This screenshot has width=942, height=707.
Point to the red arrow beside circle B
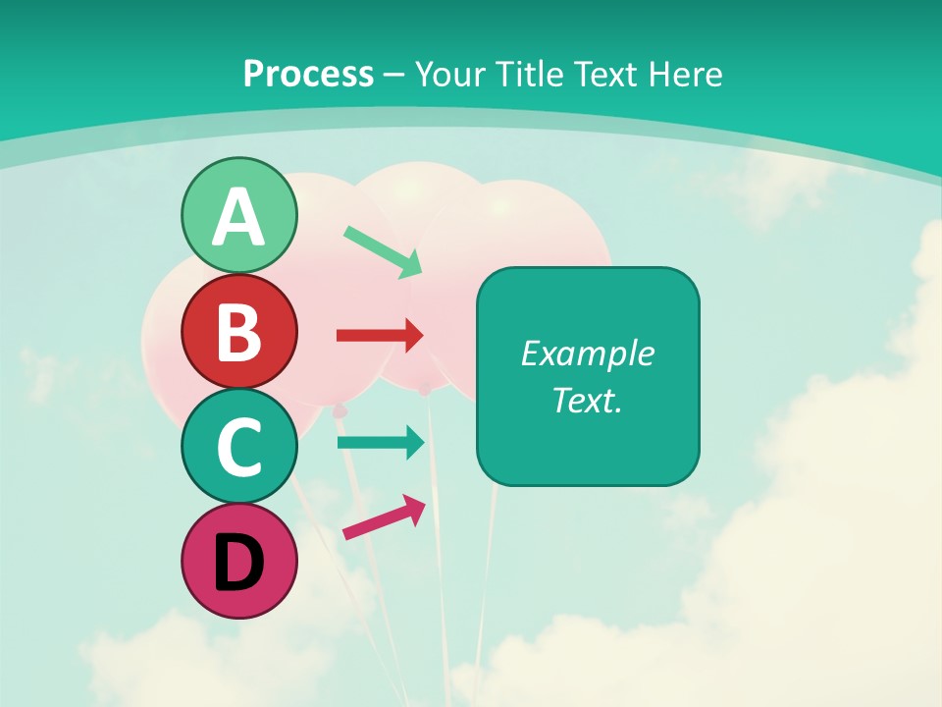point(380,336)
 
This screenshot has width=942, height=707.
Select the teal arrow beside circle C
point(380,442)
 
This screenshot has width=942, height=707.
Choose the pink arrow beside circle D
point(384,517)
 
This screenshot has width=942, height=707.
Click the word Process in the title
point(308,74)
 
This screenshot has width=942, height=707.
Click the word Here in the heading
point(688,74)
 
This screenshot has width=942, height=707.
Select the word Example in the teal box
point(587,353)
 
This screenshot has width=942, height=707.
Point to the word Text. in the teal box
point(587,400)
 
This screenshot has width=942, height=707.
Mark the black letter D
point(238,563)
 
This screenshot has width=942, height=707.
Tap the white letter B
point(238,333)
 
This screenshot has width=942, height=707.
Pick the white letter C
point(238,448)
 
